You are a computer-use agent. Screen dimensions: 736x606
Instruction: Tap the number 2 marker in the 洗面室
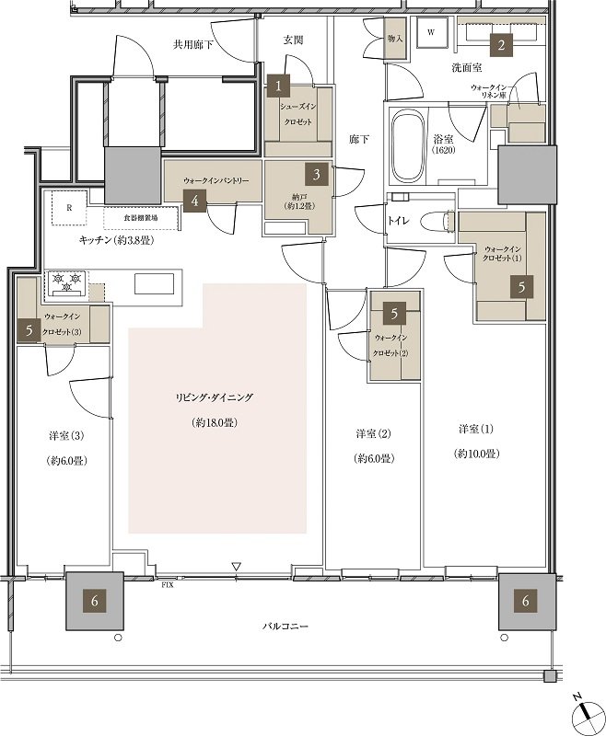(x=501, y=43)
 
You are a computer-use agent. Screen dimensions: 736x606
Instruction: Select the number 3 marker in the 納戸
(x=316, y=173)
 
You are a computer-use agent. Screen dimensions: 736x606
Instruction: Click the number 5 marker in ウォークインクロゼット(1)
(x=522, y=286)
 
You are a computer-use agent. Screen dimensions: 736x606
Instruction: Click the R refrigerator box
(x=70, y=208)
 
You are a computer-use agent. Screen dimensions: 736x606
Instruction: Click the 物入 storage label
(x=393, y=40)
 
